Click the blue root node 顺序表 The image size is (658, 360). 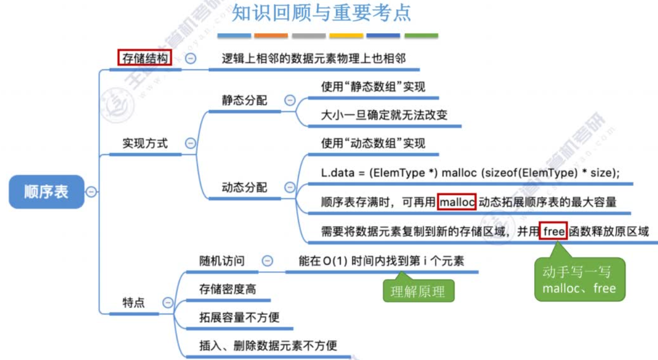pyautogui.click(x=46, y=191)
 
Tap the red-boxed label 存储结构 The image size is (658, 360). pyautogui.click(x=145, y=58)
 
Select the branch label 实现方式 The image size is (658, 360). pyautogui.click(x=145, y=143)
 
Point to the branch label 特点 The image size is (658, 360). pyautogui.click(x=134, y=302)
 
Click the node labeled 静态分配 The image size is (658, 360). pyautogui.click(x=244, y=100)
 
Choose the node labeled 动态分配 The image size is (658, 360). pyautogui.click(x=244, y=187)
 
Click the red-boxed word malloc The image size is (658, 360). pyautogui.click(x=457, y=201)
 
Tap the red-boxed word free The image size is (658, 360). pyautogui.click(x=554, y=231)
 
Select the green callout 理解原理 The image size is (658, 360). pyautogui.click(x=418, y=292)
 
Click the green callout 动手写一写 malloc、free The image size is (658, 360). pyautogui.click(x=579, y=280)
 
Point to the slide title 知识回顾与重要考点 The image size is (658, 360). pyautogui.click(x=322, y=14)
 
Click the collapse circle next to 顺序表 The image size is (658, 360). pyautogui.click(x=91, y=191)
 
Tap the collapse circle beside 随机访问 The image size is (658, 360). pyautogui.click(x=267, y=261)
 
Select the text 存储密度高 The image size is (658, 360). pyautogui.click(x=228, y=290)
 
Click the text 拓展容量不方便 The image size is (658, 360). pyautogui.click(x=239, y=317)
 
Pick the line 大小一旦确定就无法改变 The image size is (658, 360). pyautogui.click(x=384, y=115)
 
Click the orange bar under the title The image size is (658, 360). pyautogui.click(x=271, y=36)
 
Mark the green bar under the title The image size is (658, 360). pyautogui.click(x=421, y=36)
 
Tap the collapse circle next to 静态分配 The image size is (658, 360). pyautogui.click(x=290, y=100)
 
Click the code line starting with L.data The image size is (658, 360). pyautogui.click(x=470, y=173)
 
